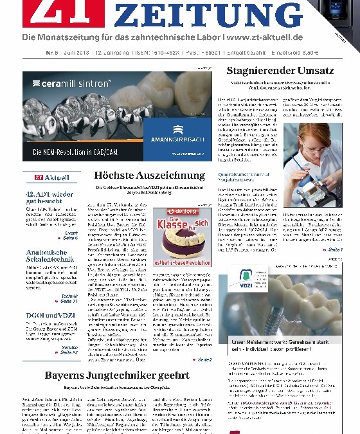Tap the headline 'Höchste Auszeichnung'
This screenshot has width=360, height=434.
149,175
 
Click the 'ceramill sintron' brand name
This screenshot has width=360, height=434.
65,84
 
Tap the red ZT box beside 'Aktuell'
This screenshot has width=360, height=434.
31,177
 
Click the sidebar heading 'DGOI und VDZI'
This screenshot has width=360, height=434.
45,311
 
